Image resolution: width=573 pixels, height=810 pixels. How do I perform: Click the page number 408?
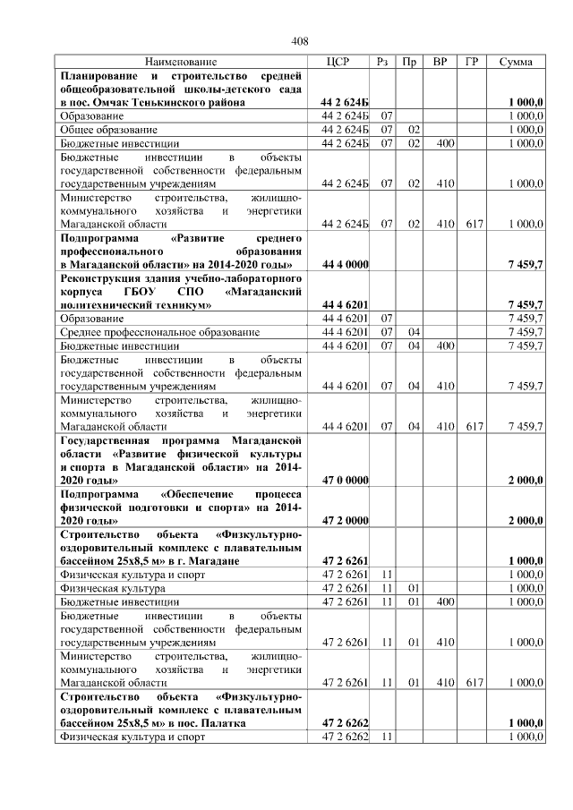coord(300,42)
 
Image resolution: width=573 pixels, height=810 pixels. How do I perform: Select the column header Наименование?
coord(180,62)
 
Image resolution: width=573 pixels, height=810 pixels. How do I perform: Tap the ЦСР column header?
coord(339,62)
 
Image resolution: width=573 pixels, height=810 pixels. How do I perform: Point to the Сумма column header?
coord(516,62)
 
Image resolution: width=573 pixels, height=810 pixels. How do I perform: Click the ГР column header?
coord(471,62)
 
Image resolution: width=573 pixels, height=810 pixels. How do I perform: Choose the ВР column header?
coord(440,62)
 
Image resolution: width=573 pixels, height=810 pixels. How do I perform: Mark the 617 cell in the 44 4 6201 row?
coord(471,427)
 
